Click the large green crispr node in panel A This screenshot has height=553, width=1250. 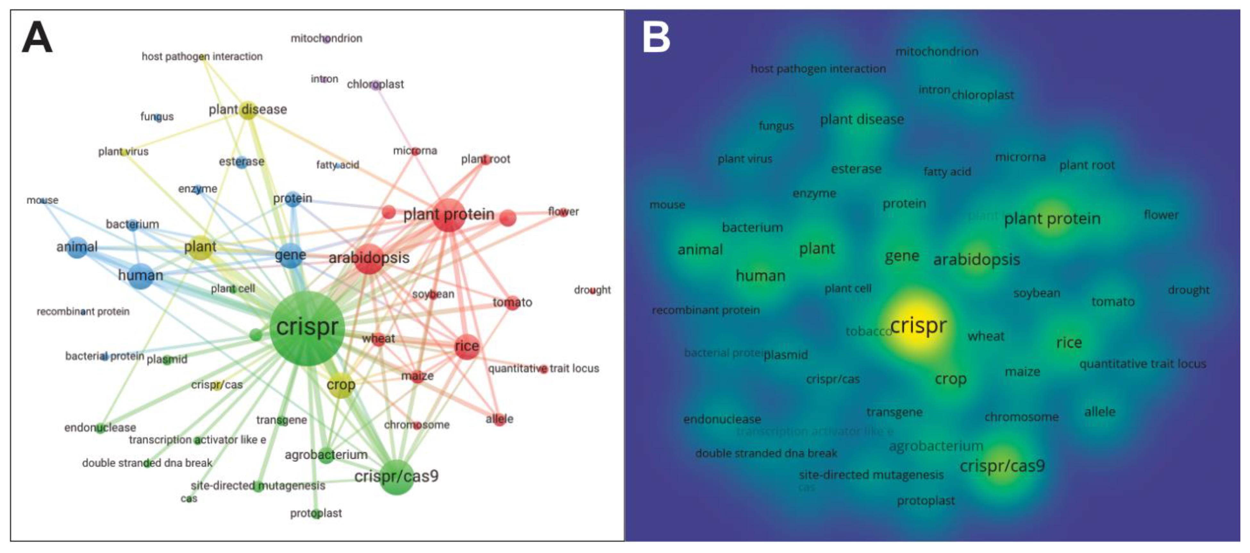pyautogui.click(x=307, y=328)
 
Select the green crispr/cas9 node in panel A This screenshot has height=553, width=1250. pyautogui.click(x=396, y=477)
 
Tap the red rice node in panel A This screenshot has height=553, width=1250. pyautogui.click(x=467, y=346)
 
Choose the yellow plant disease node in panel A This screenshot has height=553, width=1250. pyautogui.click(x=248, y=110)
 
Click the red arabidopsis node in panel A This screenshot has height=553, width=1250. pyautogui.click(x=369, y=258)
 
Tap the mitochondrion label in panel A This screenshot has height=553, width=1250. pyautogui.click(x=326, y=38)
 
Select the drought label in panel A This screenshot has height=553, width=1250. pyautogui.click(x=592, y=290)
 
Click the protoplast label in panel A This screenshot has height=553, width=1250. pyautogui.click(x=316, y=513)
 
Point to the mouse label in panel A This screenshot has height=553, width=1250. pyautogui.click(x=42, y=200)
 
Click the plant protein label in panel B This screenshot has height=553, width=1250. pyautogui.click(x=1052, y=219)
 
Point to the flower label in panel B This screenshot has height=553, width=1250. pyautogui.click(x=1161, y=215)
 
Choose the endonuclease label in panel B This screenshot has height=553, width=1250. pyautogui.click(x=722, y=419)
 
